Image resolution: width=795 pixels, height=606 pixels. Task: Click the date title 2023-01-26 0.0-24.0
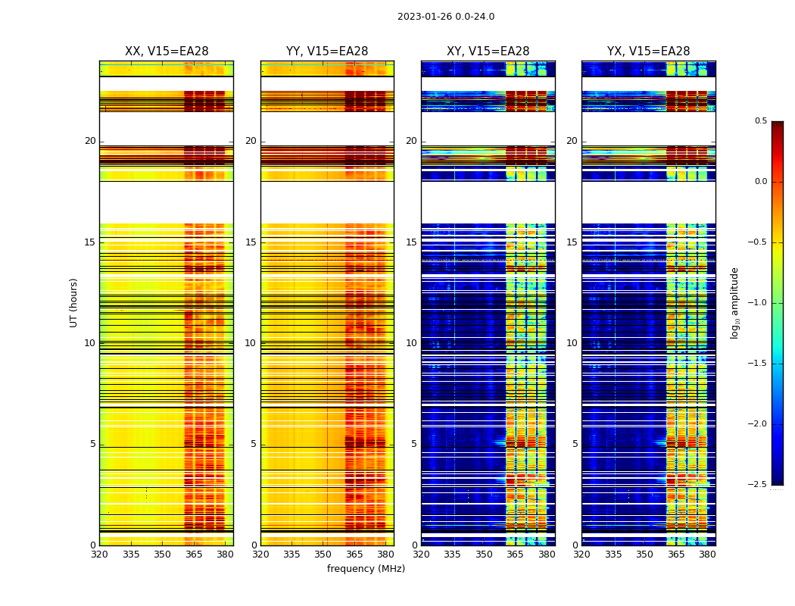[446, 17]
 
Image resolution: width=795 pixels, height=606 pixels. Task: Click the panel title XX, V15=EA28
[167, 52]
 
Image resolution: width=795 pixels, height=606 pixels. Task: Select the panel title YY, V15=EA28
[327, 52]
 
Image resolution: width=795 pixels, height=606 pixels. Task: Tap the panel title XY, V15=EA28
[488, 52]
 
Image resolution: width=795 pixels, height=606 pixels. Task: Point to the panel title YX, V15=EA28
[648, 52]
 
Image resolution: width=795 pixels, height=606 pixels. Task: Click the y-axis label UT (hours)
[74, 302]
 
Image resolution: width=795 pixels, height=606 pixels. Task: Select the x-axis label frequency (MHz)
[366, 569]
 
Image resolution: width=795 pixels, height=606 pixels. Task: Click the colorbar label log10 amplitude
[735, 302]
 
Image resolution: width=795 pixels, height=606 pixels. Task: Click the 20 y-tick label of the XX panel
[91, 141]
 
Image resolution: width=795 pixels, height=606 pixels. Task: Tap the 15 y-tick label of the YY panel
[251, 242]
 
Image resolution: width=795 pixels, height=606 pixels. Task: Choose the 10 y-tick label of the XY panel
[412, 343]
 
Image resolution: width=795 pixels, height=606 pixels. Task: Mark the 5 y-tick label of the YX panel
[575, 444]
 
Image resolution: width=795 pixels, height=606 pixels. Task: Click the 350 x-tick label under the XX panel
[162, 554]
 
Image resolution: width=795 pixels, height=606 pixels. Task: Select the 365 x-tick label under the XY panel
[515, 554]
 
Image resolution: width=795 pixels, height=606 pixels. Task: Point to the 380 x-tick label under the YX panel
[707, 554]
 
